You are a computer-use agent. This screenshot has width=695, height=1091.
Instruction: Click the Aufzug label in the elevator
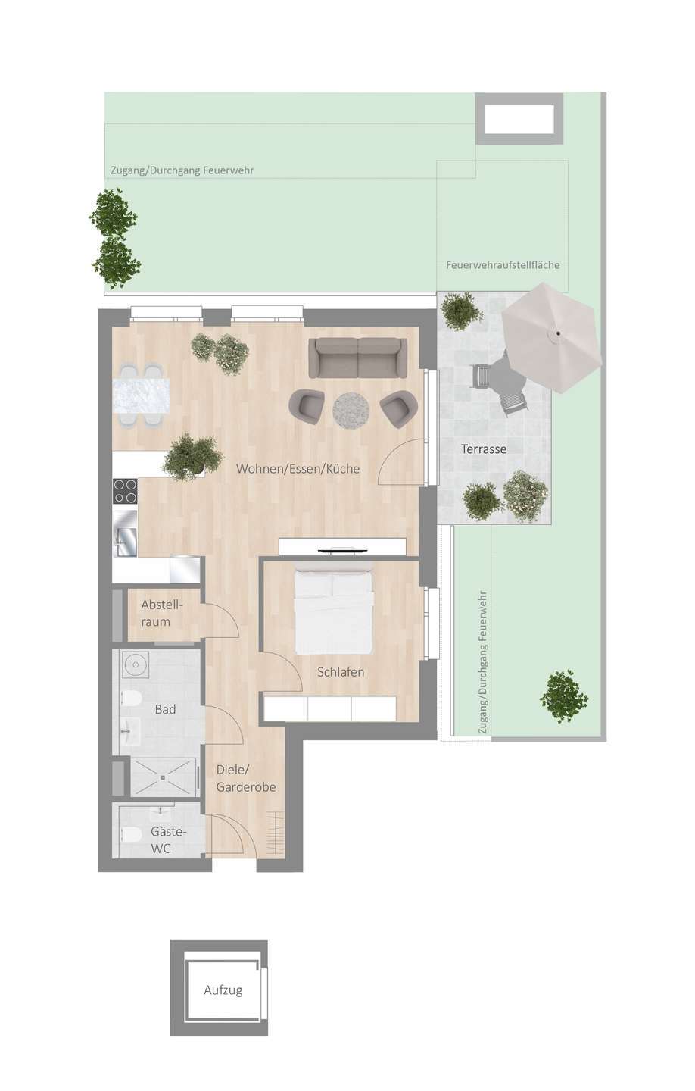(x=223, y=989)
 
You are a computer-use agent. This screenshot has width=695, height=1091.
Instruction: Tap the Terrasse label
(x=484, y=449)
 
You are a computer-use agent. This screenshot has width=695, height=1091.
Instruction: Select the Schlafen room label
(x=341, y=671)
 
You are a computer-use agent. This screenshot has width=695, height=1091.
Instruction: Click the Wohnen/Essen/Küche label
(x=298, y=468)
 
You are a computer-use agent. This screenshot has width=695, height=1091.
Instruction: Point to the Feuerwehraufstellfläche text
(x=503, y=264)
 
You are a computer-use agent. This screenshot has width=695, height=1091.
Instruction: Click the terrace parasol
(x=552, y=336)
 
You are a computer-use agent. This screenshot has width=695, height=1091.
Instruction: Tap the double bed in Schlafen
(x=334, y=611)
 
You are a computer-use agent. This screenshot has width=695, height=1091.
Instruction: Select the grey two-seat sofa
(x=357, y=357)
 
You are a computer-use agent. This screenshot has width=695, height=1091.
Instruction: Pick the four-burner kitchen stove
(x=126, y=491)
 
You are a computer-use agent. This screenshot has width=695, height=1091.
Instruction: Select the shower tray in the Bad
(x=164, y=777)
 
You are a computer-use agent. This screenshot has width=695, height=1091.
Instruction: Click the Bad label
(x=165, y=709)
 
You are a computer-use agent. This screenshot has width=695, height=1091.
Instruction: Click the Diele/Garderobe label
(x=245, y=778)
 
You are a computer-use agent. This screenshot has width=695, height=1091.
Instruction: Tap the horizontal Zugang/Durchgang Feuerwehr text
(x=182, y=170)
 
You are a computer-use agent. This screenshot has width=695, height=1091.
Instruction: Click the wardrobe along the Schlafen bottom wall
(x=330, y=709)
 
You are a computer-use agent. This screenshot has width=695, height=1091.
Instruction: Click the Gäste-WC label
(x=167, y=840)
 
